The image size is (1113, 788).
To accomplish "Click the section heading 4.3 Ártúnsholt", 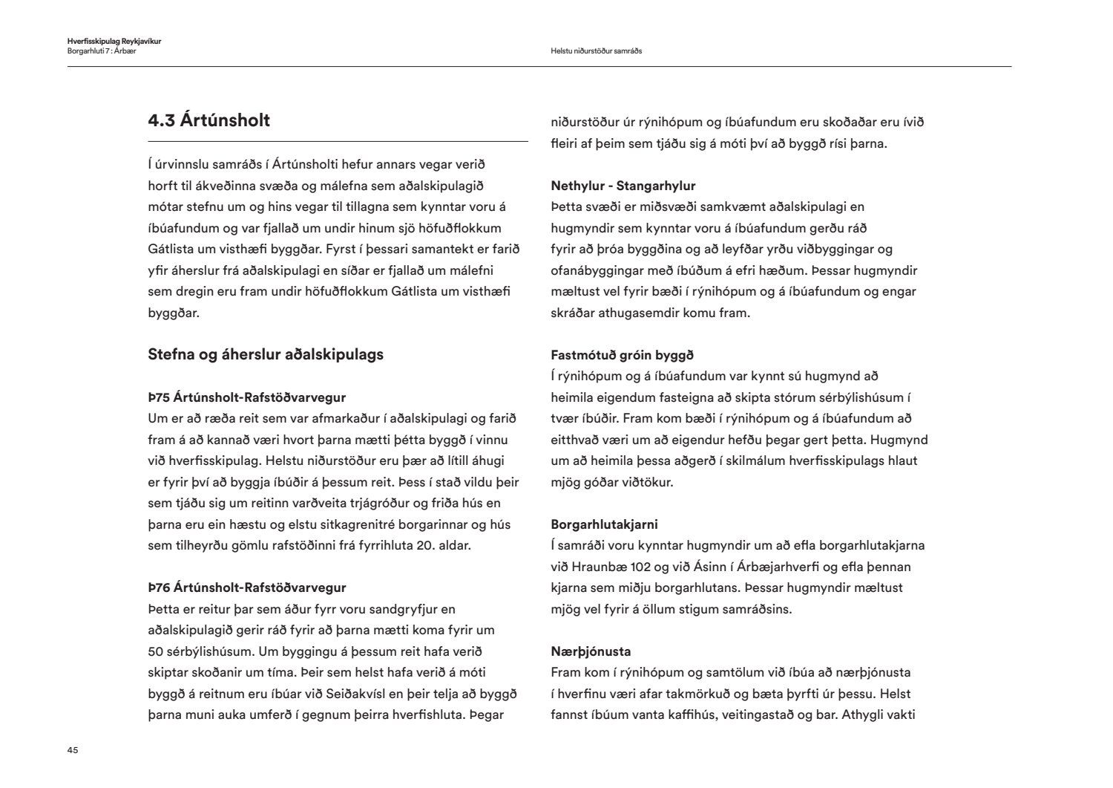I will pyautogui.click(x=209, y=120).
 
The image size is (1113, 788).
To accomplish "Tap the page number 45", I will pyautogui.click(x=73, y=750).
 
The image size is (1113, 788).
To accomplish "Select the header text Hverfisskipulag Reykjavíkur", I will pyautogui.click(x=114, y=42).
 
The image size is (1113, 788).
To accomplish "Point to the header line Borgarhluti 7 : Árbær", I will pyautogui.click(x=102, y=51).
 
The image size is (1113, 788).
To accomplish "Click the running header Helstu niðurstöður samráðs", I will pyautogui.click(x=596, y=51).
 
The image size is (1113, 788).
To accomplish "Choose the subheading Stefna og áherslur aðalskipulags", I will pyautogui.click(x=266, y=354).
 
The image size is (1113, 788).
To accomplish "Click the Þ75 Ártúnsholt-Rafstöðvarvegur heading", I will pyautogui.click(x=247, y=397).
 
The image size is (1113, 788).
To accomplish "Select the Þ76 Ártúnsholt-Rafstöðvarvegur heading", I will pyautogui.click(x=247, y=587).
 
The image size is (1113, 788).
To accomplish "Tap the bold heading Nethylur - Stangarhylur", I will pyautogui.click(x=623, y=186).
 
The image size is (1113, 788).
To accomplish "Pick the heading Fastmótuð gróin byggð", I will pyautogui.click(x=623, y=355).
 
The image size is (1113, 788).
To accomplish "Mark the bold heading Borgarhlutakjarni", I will pyautogui.click(x=605, y=524).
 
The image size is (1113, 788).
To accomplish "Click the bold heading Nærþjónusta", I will pyautogui.click(x=591, y=651).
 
